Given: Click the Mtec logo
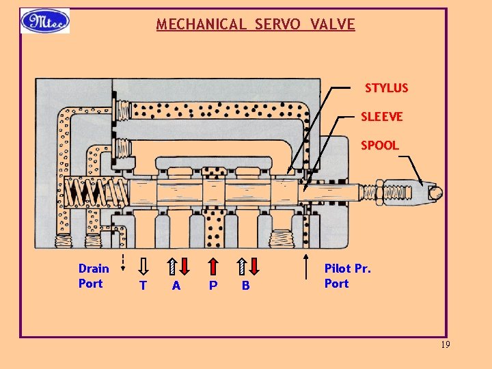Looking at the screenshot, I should point(44,21).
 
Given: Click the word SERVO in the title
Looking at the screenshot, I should point(279,25).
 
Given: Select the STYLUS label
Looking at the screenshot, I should point(386,88).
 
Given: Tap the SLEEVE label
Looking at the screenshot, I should point(381,117).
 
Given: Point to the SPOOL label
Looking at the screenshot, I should point(379,146).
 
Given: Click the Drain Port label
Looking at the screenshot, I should point(93,276).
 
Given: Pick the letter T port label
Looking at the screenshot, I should point(143,286).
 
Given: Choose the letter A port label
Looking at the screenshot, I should point(176,286).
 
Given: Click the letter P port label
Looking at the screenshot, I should point(213,286).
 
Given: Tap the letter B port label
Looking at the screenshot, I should point(246,286).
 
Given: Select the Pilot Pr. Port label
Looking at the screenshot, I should point(347,276).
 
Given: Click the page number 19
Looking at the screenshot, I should point(445,345).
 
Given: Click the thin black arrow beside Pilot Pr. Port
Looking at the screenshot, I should point(305,263).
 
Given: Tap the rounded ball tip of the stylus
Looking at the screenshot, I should point(435,193).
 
